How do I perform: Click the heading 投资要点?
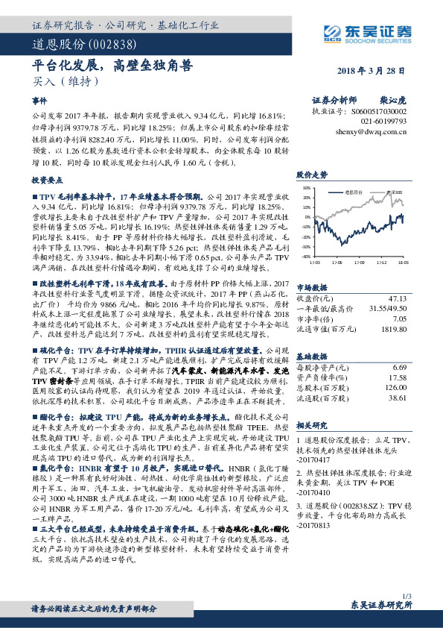[45, 180]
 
